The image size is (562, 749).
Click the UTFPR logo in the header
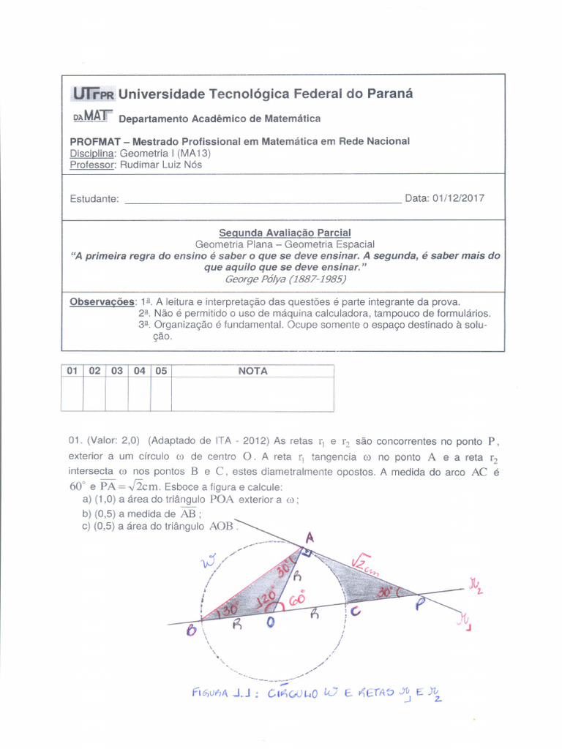click(x=92, y=94)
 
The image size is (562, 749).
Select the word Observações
click(x=102, y=301)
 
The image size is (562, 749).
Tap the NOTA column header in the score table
click(x=252, y=371)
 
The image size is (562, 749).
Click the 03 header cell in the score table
click(x=116, y=371)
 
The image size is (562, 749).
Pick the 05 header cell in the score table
click(x=161, y=371)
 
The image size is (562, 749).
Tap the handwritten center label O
click(x=271, y=622)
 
